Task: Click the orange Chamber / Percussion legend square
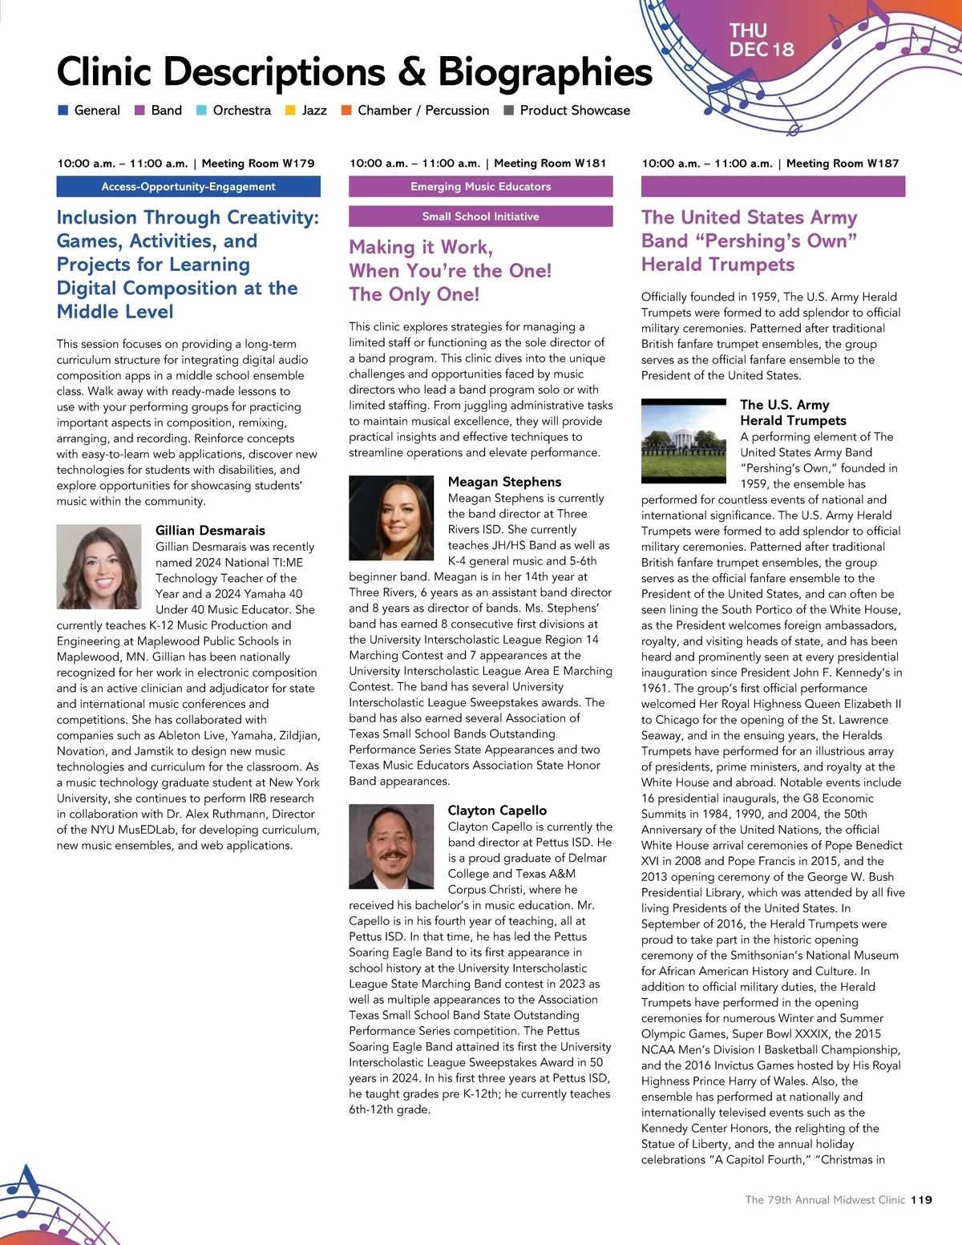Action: tap(346, 111)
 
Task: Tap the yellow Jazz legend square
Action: tap(290, 111)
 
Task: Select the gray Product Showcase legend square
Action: tap(508, 111)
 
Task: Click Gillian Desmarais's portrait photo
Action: tap(99, 567)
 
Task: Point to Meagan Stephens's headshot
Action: tap(391, 519)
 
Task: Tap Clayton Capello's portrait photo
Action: tap(391, 847)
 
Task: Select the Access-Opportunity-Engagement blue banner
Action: tap(188, 187)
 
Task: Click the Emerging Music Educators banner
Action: tap(480, 187)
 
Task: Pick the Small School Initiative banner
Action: tap(480, 216)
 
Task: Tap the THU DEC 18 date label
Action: tap(761, 40)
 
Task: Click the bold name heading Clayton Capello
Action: tap(497, 810)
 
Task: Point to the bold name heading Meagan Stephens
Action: tap(504, 482)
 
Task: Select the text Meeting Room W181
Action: tap(550, 164)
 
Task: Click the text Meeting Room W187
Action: tap(843, 164)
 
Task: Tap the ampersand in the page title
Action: tap(411, 72)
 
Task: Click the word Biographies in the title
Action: tap(545, 72)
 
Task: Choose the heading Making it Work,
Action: tap(421, 247)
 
